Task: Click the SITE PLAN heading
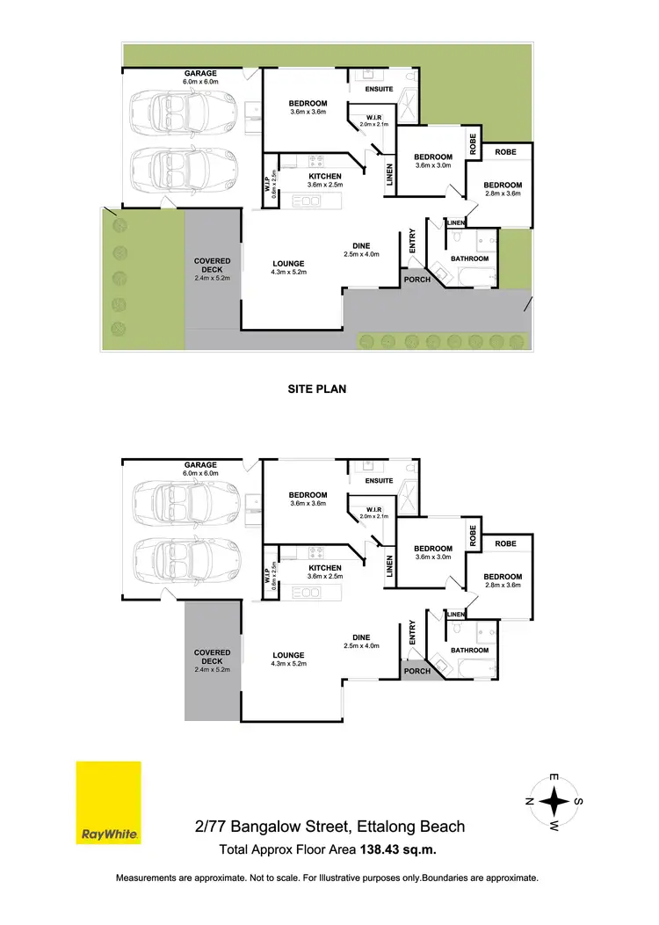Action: coord(317,387)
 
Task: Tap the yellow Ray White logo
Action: coord(108,802)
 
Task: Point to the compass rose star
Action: coord(554,802)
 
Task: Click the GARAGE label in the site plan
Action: coord(200,73)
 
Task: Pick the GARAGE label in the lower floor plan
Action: coord(200,465)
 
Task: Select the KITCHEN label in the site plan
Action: coord(324,176)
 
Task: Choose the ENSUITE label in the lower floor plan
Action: coord(379,481)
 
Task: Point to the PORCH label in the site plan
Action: coord(417,280)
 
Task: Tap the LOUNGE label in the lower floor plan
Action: coord(288,655)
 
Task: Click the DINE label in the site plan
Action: coord(360,245)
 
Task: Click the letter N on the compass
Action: coord(529,802)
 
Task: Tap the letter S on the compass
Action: coord(580,802)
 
